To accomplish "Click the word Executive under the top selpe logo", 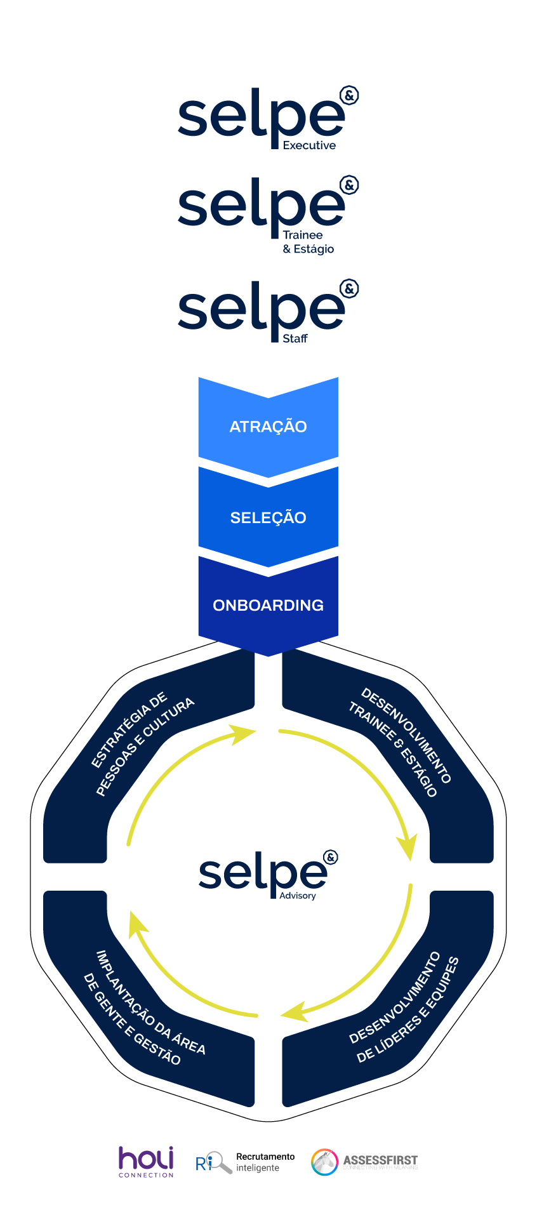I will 309,145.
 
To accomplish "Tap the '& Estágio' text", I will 308,249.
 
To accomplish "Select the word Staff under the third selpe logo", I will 295,339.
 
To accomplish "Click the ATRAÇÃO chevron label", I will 268,427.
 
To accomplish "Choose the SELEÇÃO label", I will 268,517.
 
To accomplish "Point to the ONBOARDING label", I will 268,605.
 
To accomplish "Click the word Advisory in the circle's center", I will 298,896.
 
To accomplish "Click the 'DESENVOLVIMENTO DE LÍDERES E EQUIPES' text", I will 403,1010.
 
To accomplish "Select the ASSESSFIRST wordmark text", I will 380,1160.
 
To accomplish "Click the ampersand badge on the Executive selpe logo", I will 349,96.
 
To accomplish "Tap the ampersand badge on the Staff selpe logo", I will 349,289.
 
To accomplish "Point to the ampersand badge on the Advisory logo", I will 330,858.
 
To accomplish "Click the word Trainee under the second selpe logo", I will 303,235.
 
